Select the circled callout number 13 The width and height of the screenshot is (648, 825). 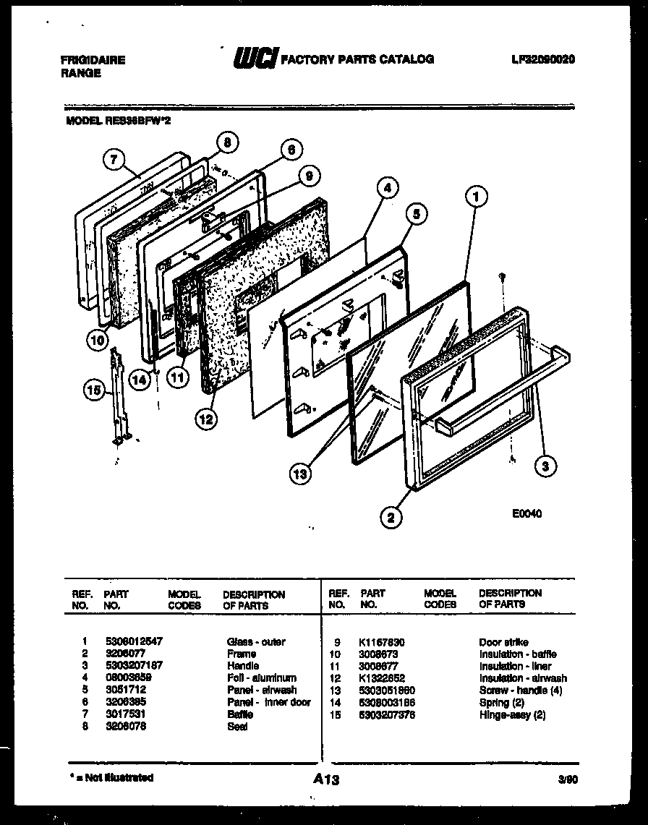[x=299, y=474]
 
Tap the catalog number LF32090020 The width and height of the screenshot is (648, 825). [x=542, y=60]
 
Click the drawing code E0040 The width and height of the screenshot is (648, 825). [x=526, y=514]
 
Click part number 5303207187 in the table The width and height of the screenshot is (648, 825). [x=133, y=665]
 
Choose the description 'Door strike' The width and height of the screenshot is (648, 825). [x=503, y=641]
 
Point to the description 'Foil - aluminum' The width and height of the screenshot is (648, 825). [x=262, y=677]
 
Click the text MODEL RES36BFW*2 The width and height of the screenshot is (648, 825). [x=118, y=122]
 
